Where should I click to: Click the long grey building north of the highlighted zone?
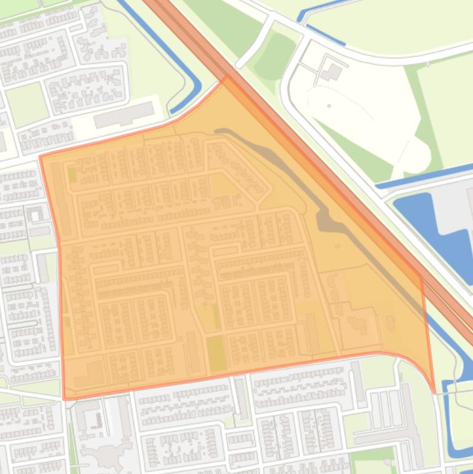124,115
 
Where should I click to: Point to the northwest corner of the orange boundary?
41,157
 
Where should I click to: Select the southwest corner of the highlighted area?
65,399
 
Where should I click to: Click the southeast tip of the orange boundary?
434,392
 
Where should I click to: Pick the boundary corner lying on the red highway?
421,276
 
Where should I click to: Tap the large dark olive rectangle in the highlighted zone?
216,354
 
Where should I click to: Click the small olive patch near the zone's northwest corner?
73,175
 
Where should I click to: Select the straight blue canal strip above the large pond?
424,175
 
